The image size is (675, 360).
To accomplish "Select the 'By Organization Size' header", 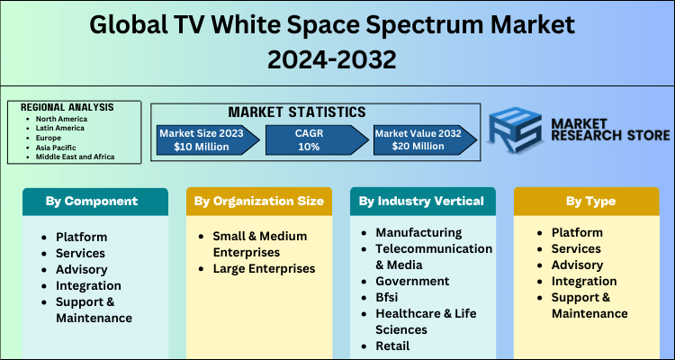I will [x=258, y=202].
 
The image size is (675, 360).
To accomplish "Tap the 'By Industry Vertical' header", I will [x=421, y=202].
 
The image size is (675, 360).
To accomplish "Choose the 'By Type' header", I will [x=587, y=202].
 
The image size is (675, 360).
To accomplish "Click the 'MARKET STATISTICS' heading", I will [x=297, y=112].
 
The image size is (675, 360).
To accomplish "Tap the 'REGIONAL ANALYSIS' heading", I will [x=67, y=107].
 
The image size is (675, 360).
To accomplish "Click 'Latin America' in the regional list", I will [x=62, y=127].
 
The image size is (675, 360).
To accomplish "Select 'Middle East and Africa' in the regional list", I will [x=76, y=157].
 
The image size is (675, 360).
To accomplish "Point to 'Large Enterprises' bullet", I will [x=265, y=268].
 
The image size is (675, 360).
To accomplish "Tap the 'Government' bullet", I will [x=412, y=281].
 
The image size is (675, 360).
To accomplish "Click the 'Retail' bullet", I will [x=392, y=346].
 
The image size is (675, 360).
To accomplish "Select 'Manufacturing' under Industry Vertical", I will [x=418, y=232].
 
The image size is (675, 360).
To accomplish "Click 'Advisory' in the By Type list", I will [x=577, y=265].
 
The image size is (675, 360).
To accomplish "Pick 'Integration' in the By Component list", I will [x=88, y=284].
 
